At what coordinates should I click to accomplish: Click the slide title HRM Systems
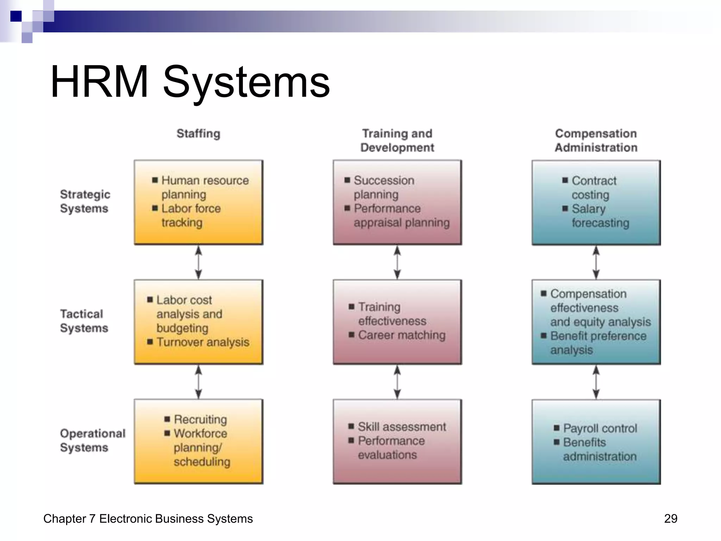[x=190, y=82]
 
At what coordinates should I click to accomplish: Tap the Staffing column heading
[x=198, y=133]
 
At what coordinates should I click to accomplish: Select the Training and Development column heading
[x=397, y=141]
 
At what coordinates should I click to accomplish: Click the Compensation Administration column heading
[x=596, y=141]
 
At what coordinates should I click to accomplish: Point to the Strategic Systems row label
[x=85, y=201]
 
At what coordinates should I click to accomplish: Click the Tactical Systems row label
[x=84, y=321]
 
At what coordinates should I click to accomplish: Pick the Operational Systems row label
[x=92, y=440]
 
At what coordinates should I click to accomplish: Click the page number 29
[x=670, y=518]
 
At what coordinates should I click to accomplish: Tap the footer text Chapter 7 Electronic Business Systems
[x=148, y=518]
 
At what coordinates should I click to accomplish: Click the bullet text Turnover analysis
[x=203, y=342]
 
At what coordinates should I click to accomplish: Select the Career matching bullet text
[x=402, y=335]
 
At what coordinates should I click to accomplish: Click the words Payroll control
[x=600, y=428]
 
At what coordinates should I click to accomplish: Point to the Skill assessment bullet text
[x=402, y=427]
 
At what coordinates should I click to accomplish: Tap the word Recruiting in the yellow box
[x=200, y=419]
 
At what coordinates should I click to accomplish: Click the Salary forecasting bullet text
[x=600, y=216]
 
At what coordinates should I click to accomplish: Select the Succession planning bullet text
[x=384, y=187]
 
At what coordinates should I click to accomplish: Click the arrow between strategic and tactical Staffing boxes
[x=199, y=262]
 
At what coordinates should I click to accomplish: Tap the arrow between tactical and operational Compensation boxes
[x=596, y=382]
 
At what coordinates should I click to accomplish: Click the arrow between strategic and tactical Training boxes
[x=397, y=262]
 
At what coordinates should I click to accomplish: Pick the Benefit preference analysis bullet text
[x=598, y=343]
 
